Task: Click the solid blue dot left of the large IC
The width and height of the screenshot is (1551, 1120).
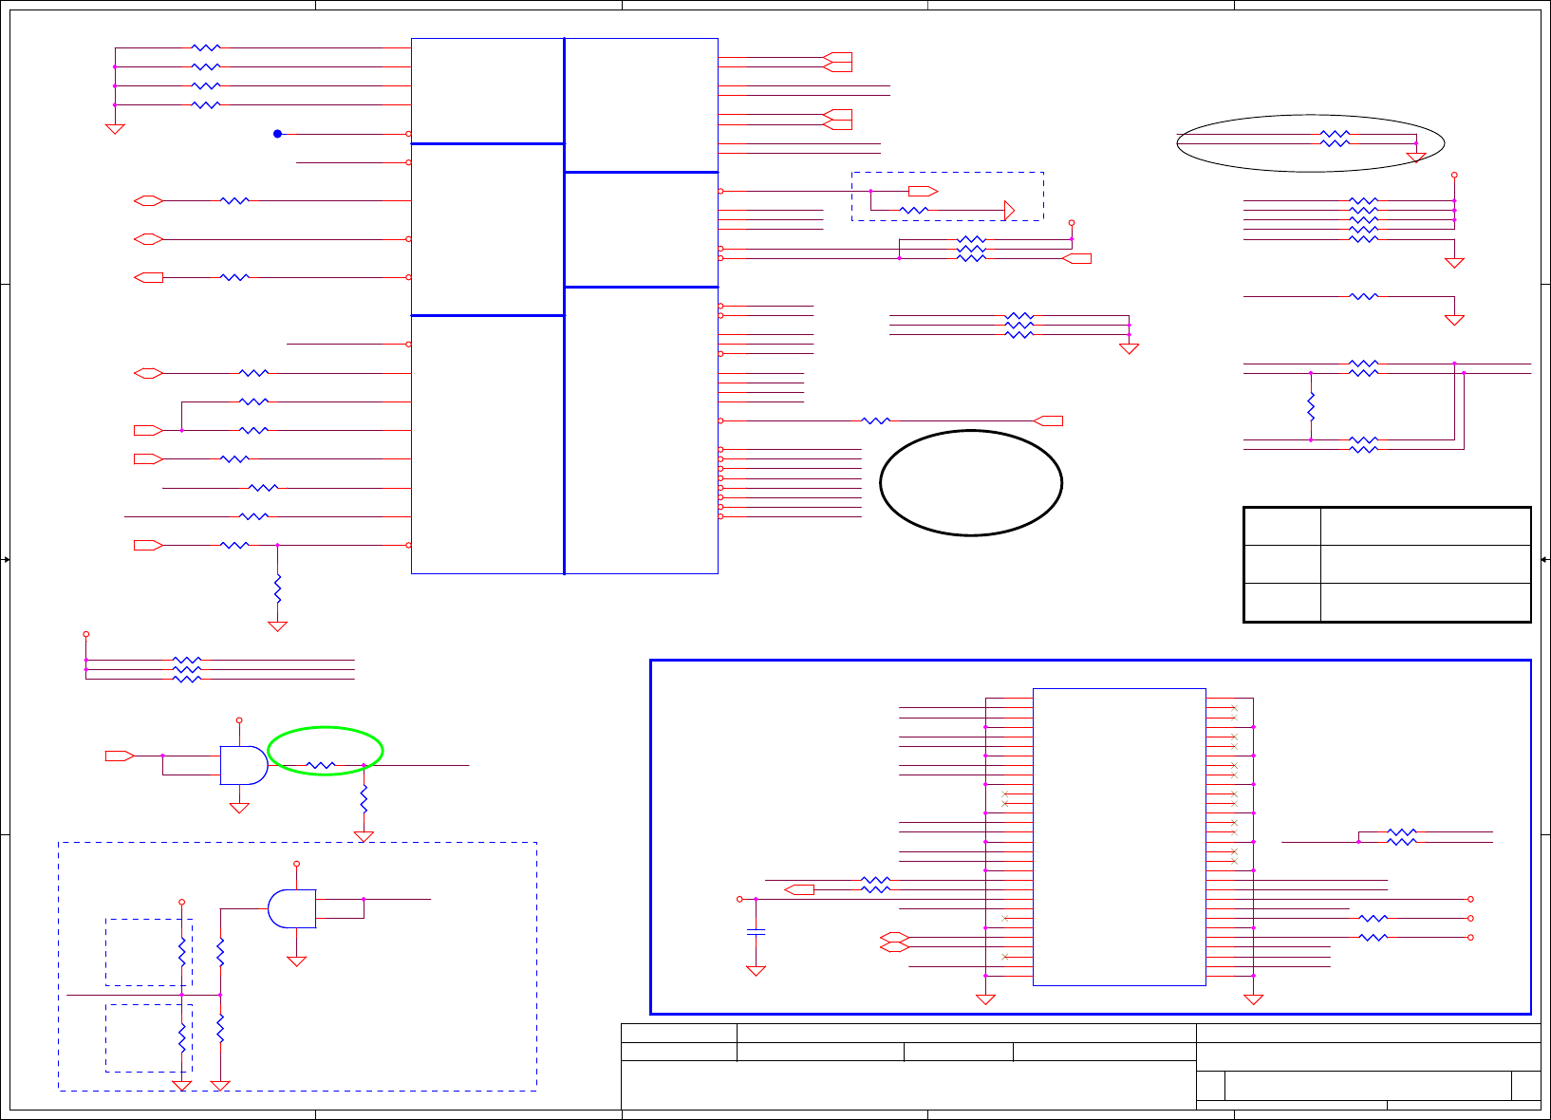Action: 277,134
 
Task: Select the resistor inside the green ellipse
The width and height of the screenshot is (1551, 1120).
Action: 321,765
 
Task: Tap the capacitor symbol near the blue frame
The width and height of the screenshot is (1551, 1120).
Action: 756,932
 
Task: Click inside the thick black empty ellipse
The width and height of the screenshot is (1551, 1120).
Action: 971,483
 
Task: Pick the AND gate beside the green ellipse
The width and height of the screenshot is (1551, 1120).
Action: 243,765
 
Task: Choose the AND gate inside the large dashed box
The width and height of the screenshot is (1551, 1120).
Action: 291,908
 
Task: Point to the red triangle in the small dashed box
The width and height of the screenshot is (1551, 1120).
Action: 1009,211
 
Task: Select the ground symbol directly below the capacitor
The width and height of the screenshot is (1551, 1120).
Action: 756,971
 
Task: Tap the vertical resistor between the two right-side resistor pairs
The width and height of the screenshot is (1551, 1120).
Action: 1311,407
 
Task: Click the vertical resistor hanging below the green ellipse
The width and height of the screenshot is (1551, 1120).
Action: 364,798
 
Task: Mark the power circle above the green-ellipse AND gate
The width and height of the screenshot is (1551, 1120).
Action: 239,720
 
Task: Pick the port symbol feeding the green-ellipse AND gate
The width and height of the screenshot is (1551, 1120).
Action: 120,756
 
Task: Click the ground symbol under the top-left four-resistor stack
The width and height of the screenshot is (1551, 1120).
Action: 115,128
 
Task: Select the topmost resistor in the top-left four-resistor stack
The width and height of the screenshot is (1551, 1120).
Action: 206,47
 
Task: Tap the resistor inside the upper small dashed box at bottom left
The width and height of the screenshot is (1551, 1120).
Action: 181,952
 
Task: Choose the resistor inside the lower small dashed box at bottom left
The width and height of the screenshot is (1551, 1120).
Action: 181,1036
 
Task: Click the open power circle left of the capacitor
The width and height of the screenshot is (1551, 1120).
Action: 739,899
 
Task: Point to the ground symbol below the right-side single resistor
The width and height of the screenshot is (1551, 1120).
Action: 1454,321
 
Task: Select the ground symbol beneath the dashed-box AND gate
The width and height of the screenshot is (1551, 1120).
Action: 297,961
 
